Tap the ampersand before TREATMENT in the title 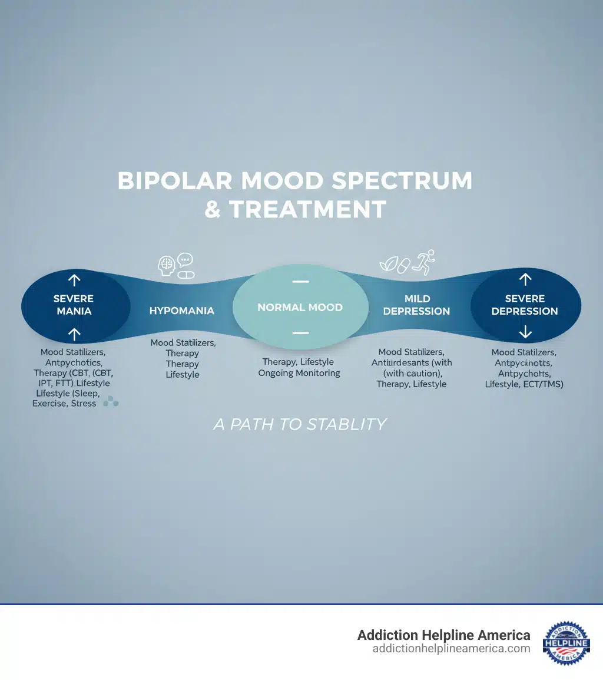pyautogui.click(x=213, y=209)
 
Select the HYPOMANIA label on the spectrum pyautogui.click(x=182, y=310)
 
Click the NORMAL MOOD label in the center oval pyautogui.click(x=300, y=308)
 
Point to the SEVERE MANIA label pyautogui.click(x=74, y=304)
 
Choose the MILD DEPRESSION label pyautogui.click(x=416, y=305)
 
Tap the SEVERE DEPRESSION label pyautogui.click(x=525, y=305)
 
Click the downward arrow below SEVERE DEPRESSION pyautogui.click(x=525, y=333)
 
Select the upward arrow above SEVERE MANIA pyautogui.click(x=75, y=280)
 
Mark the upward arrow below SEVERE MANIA pyautogui.click(x=75, y=335)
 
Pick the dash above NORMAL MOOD pyautogui.click(x=300, y=282)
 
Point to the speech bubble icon pyautogui.click(x=185, y=259)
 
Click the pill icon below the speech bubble pyautogui.click(x=186, y=274)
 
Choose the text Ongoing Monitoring pyautogui.click(x=299, y=373)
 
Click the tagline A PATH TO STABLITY pyautogui.click(x=300, y=424)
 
